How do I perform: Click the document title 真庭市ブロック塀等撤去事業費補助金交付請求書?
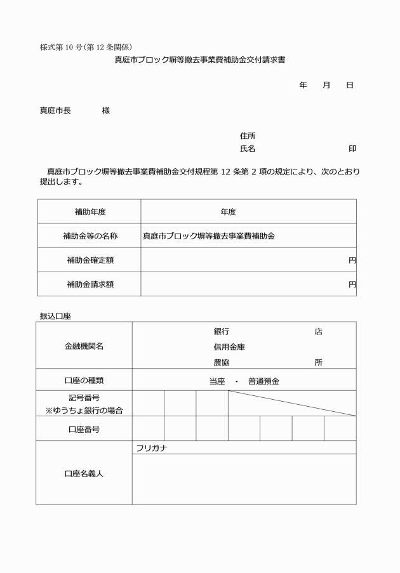click(x=199, y=60)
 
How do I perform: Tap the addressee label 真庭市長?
click(x=55, y=110)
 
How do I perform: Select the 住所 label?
click(x=248, y=136)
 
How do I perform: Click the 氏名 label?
click(x=248, y=148)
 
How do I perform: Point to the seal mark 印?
click(x=352, y=148)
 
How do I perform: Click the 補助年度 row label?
click(x=90, y=212)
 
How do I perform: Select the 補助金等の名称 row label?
click(x=90, y=236)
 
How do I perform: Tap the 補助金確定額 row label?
click(x=90, y=260)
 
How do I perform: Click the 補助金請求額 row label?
click(x=90, y=284)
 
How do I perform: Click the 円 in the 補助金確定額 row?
click(x=352, y=260)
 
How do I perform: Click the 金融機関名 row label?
click(x=84, y=346)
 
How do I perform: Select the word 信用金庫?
click(x=229, y=347)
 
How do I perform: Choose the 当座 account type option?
click(x=217, y=381)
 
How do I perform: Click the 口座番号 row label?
click(x=84, y=430)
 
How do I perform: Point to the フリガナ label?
click(x=151, y=448)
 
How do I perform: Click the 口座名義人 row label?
click(x=84, y=473)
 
